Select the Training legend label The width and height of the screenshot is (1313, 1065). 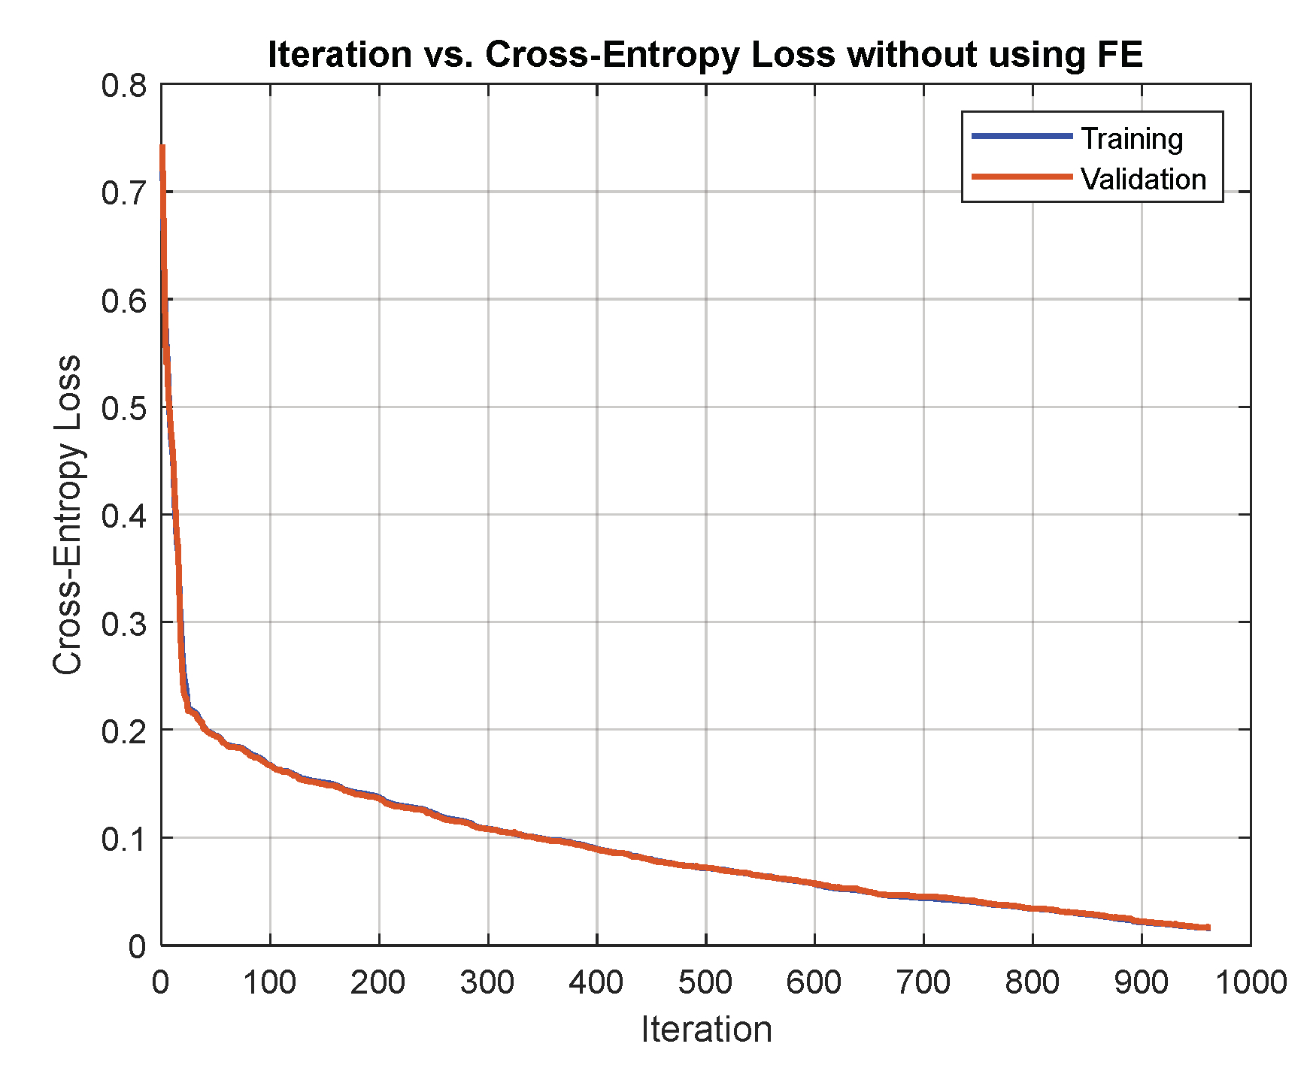point(1132,139)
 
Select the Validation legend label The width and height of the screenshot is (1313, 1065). point(1143,180)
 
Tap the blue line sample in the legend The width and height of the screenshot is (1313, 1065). point(1021,136)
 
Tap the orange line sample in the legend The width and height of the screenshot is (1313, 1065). point(1021,177)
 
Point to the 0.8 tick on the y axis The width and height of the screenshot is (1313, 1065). point(124,86)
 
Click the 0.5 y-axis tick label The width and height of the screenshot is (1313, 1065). point(124,408)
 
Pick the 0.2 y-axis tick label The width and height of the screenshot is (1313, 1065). point(124,731)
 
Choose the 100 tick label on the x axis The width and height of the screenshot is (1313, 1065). point(270,982)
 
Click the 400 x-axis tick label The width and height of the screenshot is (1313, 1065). point(596,982)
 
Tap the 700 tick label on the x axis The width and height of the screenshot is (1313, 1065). point(923,982)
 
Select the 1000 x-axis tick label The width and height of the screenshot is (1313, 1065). point(1251,982)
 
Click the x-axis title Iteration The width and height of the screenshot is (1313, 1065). point(706,1029)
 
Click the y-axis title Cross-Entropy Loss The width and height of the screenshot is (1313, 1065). point(68,515)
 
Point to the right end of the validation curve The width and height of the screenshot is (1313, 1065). point(1208,927)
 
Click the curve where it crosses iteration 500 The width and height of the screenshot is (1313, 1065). point(706,867)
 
